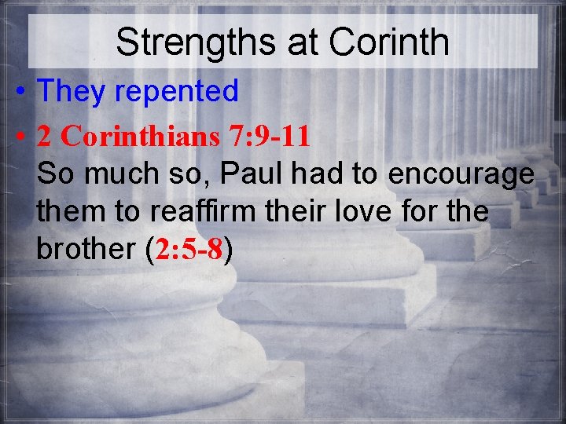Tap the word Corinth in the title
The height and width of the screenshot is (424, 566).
390,43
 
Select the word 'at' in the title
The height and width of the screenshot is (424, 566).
303,44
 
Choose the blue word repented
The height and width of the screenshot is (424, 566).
177,92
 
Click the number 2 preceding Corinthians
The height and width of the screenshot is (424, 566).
45,137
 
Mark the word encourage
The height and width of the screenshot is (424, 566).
461,174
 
